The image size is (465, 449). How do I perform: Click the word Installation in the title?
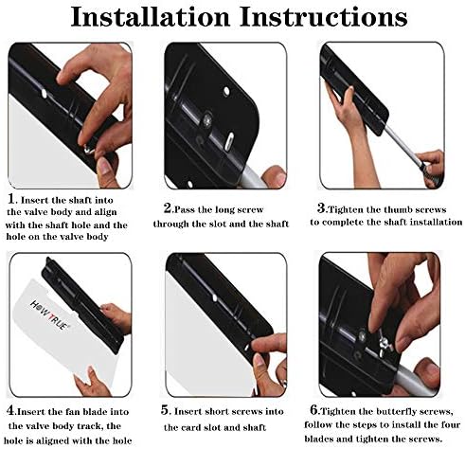[151, 17]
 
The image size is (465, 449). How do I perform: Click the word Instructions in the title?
[324, 17]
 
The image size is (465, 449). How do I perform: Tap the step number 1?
[11, 199]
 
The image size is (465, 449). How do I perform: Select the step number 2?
[168, 208]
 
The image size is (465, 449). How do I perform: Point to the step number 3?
[321, 208]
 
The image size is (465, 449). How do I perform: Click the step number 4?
[10, 410]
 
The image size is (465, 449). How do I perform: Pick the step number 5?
[165, 410]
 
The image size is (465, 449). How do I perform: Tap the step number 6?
[314, 410]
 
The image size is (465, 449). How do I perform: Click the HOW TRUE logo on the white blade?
[49, 314]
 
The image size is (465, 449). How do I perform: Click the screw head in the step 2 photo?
[207, 119]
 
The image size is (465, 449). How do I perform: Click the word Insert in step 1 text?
[34, 200]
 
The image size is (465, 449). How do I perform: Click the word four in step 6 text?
[449, 424]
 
